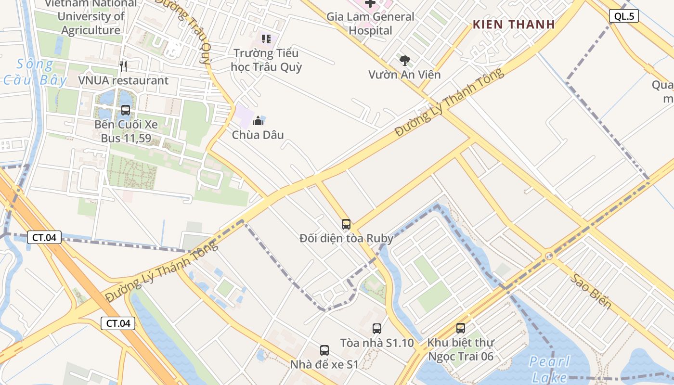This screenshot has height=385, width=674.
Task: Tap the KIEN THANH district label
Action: click(514, 24)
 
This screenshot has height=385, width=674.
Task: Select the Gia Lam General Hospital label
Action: click(370, 23)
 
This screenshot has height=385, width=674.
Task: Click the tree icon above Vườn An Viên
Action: click(405, 61)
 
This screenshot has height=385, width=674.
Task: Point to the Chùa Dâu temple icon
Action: click(258, 120)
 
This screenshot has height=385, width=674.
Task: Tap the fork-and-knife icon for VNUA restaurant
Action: click(124, 66)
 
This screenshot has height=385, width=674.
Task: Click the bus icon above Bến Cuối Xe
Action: click(126, 110)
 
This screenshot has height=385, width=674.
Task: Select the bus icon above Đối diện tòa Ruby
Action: click(346, 224)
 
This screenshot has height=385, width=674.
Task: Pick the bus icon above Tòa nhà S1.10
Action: click(377, 329)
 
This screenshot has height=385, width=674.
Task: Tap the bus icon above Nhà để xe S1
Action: click(324, 350)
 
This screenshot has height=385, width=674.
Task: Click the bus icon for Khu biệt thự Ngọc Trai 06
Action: click(461, 328)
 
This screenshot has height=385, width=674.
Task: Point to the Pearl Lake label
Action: click(549, 369)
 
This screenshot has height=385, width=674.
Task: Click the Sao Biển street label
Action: click(591, 291)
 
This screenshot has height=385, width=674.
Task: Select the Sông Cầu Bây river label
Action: click(35, 72)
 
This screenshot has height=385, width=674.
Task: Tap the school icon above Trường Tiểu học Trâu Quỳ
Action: click(266, 38)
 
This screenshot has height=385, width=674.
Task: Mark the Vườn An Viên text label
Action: click(404, 75)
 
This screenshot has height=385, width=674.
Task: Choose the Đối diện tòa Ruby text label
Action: click(346, 238)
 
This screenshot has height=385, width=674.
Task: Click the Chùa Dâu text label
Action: click(258, 135)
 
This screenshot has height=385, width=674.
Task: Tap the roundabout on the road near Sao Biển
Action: click(549, 256)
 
